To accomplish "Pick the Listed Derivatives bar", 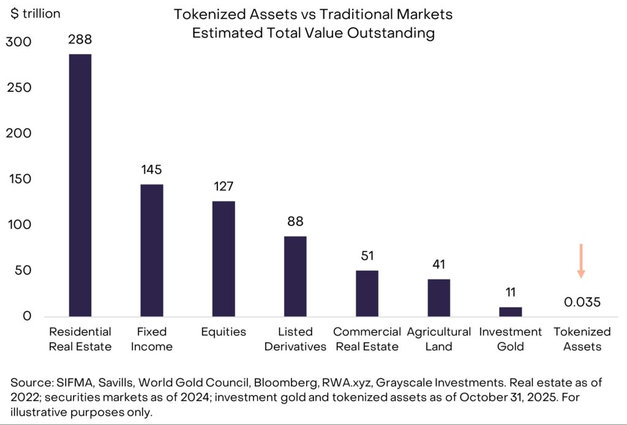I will (x=295, y=276).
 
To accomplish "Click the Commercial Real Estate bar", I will (x=367, y=293).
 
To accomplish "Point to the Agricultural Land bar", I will (x=438, y=298).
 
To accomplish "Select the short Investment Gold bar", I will (x=510, y=312).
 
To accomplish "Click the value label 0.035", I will (x=582, y=302).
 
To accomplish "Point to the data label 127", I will (x=223, y=187).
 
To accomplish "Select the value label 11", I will (x=510, y=293).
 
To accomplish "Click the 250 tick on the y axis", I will (x=20, y=88).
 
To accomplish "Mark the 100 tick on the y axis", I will (x=20, y=225).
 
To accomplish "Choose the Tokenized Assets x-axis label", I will (x=582, y=339).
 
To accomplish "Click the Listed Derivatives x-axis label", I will (x=295, y=339).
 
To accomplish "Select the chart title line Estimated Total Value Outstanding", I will (x=313, y=33).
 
